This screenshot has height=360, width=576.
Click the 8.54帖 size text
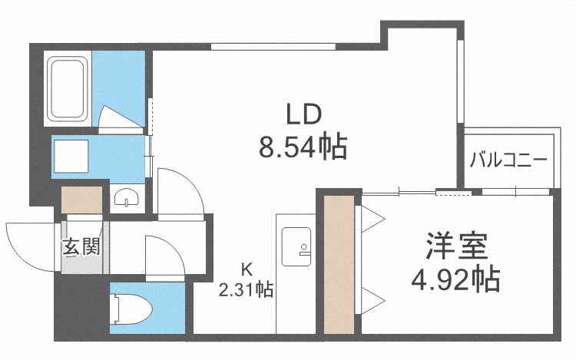tap(303, 145)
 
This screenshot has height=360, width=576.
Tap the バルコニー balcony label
tap(508, 160)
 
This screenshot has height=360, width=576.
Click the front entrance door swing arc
tap(31, 242)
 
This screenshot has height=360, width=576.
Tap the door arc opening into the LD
tap(181, 192)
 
